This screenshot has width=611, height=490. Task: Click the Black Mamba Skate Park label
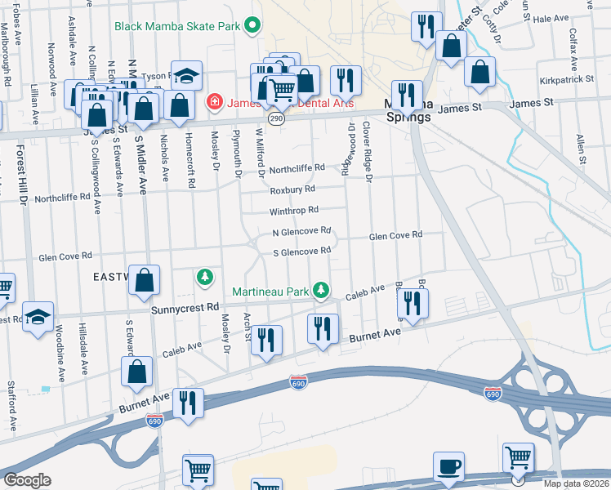coord(177,26)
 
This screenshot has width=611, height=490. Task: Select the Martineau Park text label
coord(271,291)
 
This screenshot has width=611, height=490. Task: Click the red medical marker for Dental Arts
coord(214,102)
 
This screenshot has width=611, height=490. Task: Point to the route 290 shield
coord(278,119)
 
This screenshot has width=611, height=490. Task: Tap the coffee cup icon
coord(448,466)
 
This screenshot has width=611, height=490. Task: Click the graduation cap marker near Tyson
coord(186,76)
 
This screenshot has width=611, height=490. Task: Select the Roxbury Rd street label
coord(292,189)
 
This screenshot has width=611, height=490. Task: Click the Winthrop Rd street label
coord(294,210)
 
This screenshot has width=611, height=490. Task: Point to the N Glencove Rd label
coord(301,231)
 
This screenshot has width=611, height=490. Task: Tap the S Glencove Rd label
coord(301,252)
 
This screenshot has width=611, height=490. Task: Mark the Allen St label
coord(582,150)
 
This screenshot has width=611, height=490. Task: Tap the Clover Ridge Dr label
coord(368,150)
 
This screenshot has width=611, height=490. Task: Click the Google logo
coord(28,479)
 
